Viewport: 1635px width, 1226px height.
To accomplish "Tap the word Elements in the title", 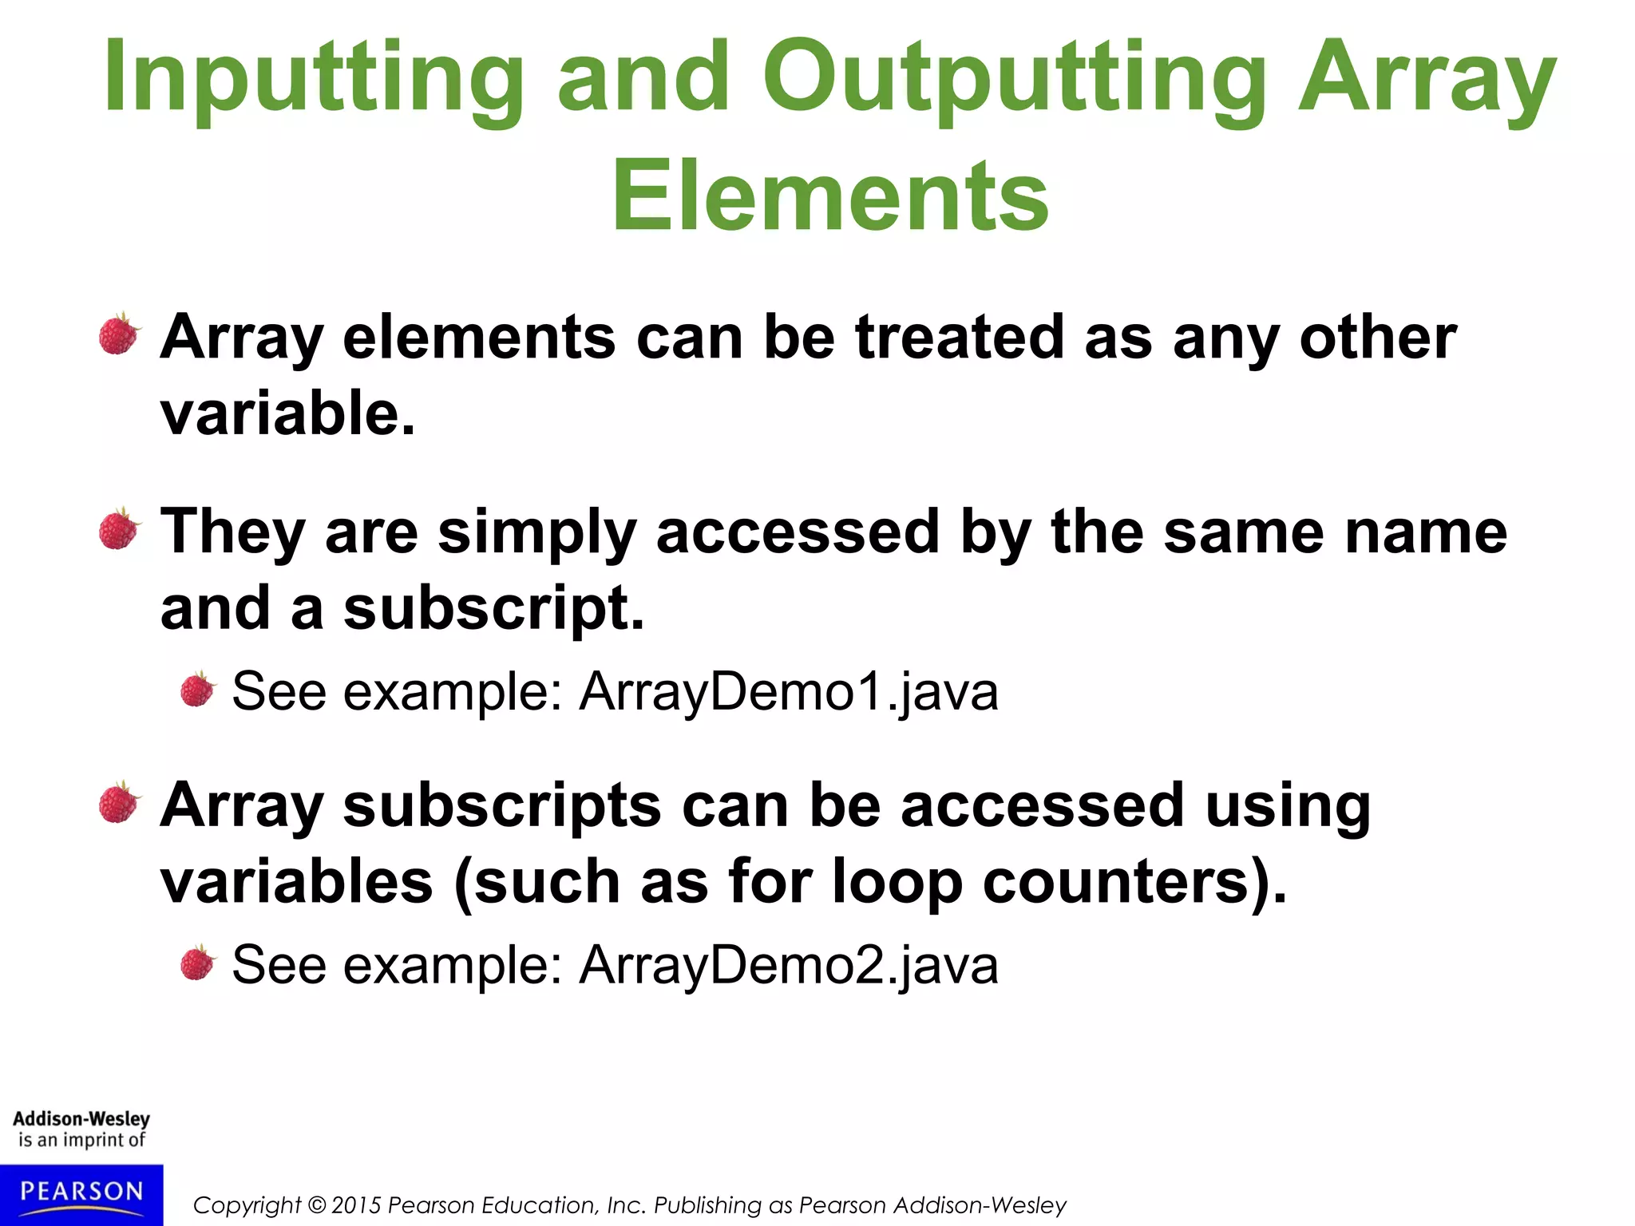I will pyautogui.click(x=830, y=196).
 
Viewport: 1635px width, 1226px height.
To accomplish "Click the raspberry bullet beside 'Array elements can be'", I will pyautogui.click(x=119, y=334).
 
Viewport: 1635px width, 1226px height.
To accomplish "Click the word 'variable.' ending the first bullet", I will pyautogui.click(x=287, y=413).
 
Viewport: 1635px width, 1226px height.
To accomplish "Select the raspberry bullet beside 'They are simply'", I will pyautogui.click(x=119, y=529).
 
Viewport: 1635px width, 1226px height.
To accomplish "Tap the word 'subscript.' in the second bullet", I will pyautogui.click(x=493, y=608).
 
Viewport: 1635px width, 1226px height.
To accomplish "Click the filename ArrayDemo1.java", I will pyautogui.click(x=789, y=691).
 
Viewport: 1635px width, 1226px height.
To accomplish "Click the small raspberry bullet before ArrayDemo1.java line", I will pyautogui.click(x=197, y=690).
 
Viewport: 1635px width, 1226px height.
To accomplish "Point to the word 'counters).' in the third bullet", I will pyautogui.click(x=1134, y=883).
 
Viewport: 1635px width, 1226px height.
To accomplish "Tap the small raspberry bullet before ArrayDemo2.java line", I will pyautogui.click(x=197, y=963).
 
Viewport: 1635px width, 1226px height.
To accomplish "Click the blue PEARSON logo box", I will pyautogui.click(x=81, y=1194).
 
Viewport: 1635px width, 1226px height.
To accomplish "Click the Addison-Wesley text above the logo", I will pyautogui.click(x=81, y=1118).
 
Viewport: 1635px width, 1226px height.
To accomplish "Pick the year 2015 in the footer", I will pyautogui.click(x=356, y=1205).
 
